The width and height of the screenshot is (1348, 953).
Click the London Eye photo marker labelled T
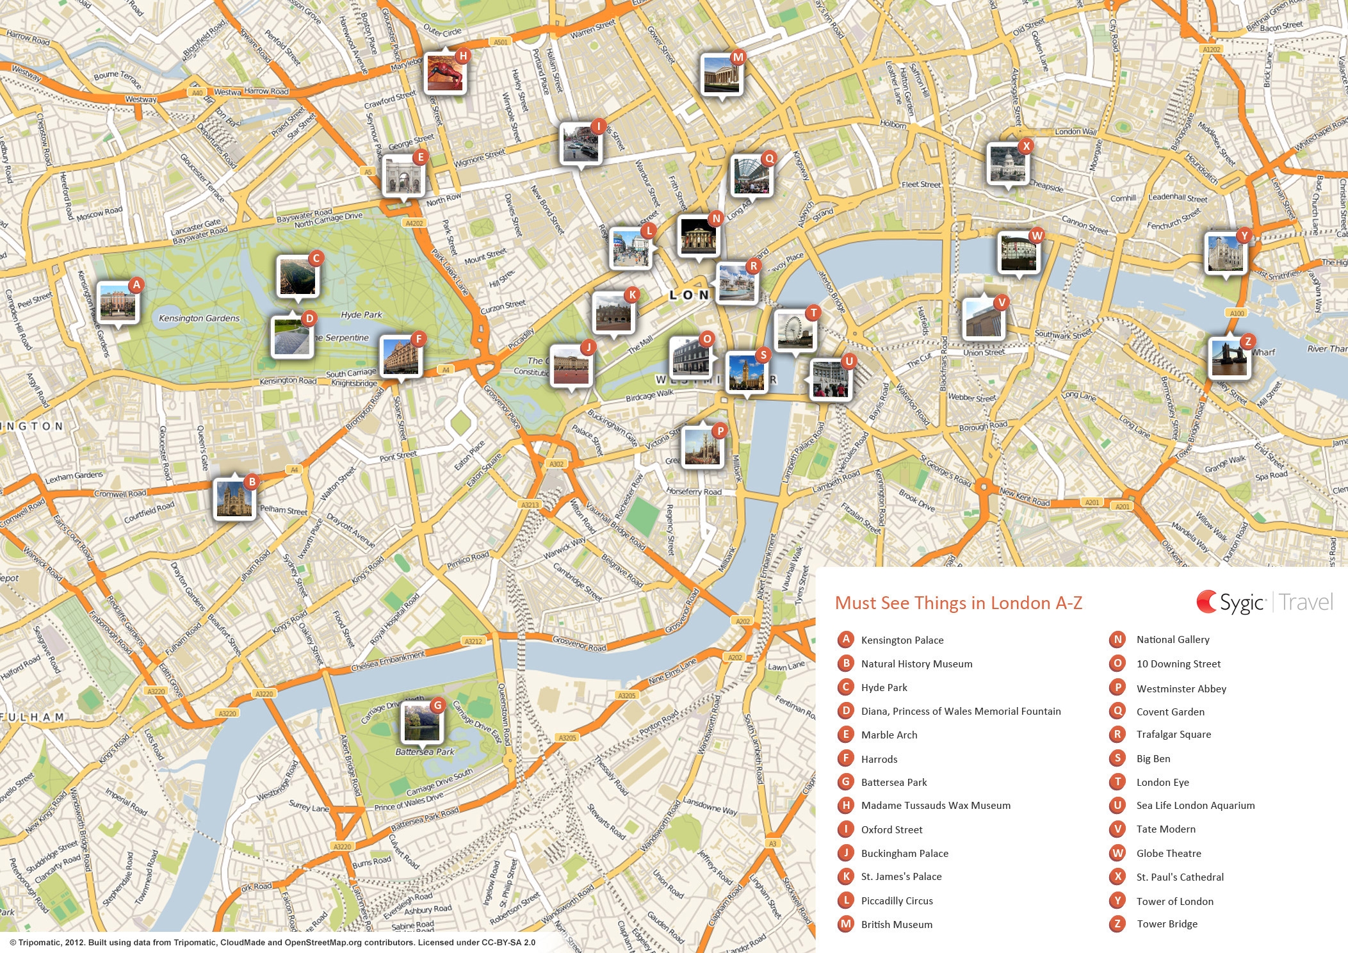pos(795,331)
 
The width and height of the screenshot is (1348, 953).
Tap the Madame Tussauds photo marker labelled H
pos(445,73)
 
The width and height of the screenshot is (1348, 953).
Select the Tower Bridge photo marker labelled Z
pos(1229,359)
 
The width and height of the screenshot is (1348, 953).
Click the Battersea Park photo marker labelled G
pos(421,722)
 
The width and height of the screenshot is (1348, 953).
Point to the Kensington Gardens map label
pos(199,318)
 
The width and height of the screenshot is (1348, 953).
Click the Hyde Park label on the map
pos(361,314)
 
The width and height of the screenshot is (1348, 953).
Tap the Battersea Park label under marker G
pos(425,752)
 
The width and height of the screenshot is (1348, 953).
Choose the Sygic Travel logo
pos(1264,602)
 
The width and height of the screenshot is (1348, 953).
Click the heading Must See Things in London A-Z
pos(958,603)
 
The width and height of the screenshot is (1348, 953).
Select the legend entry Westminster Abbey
pos(1181,688)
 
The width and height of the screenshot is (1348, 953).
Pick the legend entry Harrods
pos(879,759)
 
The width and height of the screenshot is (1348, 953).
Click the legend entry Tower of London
pos(1174,901)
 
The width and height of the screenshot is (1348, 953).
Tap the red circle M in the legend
pos(846,924)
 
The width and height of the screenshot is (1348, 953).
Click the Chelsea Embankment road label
pos(388,661)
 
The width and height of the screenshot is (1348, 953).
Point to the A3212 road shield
pos(473,641)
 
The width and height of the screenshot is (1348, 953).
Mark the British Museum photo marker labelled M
pos(721,75)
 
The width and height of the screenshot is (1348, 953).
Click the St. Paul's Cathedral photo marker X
pos(1007,164)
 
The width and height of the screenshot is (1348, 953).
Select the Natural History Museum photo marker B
pos(234,499)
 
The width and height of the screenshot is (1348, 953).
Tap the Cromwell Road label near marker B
pos(120,494)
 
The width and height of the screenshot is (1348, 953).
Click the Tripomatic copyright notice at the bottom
pos(272,942)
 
